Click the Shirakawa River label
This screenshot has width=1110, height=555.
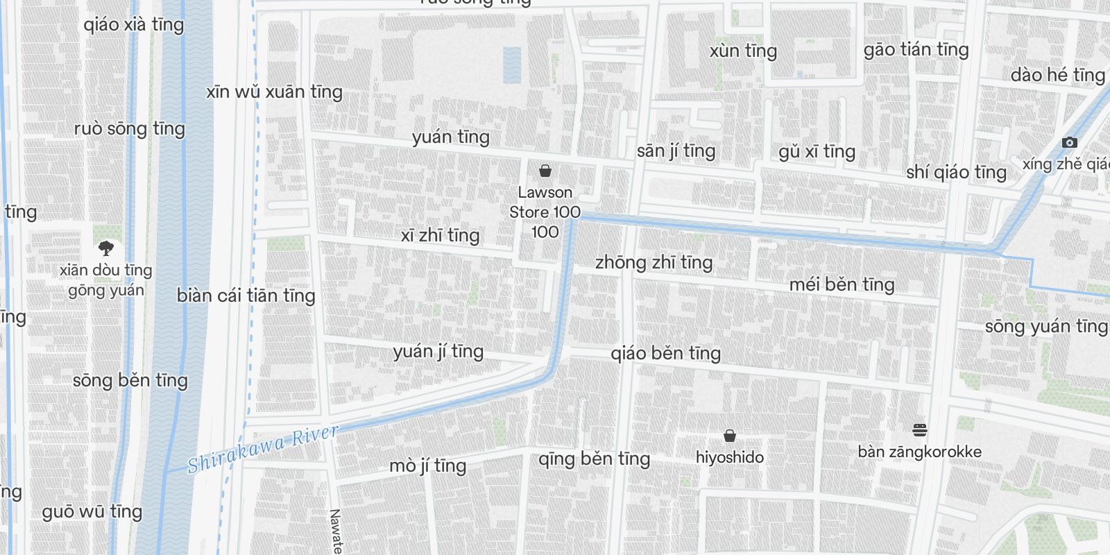pos(263,449)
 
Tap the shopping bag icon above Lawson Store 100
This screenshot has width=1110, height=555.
pos(545,170)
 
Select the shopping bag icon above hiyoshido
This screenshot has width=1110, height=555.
pos(729,436)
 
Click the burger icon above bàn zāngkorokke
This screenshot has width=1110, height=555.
pos(920,430)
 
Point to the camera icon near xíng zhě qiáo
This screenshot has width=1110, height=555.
pos(1070,142)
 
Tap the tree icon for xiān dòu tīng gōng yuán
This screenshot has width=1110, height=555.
pos(105,248)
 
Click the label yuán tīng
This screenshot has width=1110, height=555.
pos(451,137)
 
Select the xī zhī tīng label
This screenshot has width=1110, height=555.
pos(440,235)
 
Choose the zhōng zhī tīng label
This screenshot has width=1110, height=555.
pos(654,262)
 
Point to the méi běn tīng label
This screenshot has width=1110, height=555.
pos(842,284)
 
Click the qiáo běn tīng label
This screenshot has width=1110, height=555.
pos(665,353)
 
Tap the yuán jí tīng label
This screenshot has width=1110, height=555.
pos(438,351)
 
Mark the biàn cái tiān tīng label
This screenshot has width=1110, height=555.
pos(246,296)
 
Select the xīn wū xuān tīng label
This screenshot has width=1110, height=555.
pos(274,92)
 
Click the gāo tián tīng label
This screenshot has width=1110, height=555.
pos(916,49)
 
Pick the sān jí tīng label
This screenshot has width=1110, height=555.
pos(676,151)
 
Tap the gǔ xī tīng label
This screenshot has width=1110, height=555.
pos(817,151)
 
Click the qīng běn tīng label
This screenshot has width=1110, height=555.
pos(594,459)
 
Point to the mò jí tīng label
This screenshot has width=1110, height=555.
pos(427,466)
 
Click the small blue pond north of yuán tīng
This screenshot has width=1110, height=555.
pos(512,65)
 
